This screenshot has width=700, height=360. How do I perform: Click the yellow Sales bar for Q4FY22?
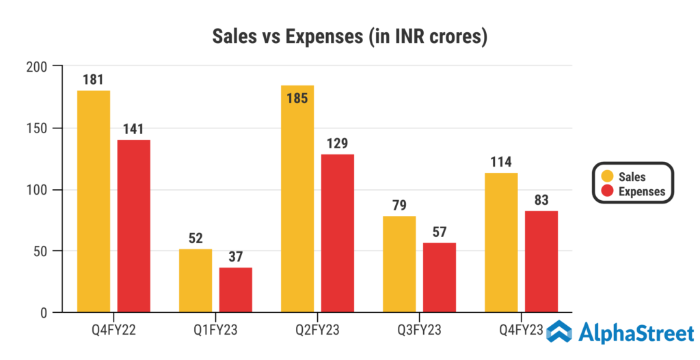94,202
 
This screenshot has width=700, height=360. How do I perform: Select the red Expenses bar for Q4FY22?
134,226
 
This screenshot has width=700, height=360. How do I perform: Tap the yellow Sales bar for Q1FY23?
196,281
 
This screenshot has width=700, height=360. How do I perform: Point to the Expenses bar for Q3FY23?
440,277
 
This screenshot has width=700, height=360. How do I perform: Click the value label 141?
134,129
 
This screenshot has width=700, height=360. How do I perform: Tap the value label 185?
297,98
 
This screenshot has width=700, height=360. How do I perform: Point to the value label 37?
236,256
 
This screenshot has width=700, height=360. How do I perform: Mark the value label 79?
399,205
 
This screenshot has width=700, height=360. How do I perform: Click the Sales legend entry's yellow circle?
605,177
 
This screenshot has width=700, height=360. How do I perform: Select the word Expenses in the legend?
641,192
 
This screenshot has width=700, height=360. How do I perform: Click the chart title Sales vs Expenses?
349,36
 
